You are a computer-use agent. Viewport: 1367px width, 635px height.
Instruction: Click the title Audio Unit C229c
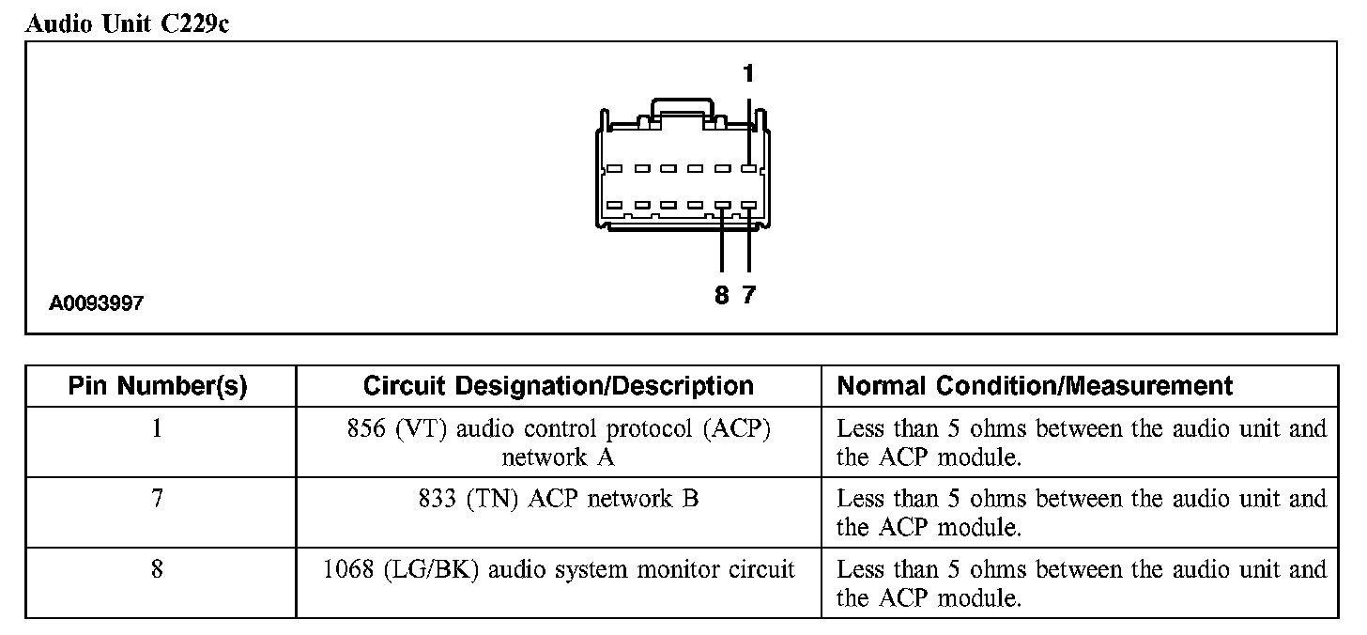[x=127, y=24]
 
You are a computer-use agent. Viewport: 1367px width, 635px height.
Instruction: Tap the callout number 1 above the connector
[x=748, y=73]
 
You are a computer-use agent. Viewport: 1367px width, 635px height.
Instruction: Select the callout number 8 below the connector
[x=721, y=295]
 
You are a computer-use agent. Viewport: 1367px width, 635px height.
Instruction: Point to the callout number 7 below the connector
[x=748, y=295]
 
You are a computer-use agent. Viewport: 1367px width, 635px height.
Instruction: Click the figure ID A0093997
[x=98, y=303]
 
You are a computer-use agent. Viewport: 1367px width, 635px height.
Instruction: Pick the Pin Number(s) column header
[x=158, y=386]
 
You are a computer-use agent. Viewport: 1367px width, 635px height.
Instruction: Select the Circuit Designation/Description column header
[x=558, y=386]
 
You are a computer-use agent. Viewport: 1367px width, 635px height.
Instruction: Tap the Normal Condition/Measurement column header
[x=1035, y=386]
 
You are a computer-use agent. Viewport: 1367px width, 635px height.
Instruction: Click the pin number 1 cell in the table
[x=157, y=429]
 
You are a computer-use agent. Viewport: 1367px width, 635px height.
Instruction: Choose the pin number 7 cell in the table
[x=157, y=499]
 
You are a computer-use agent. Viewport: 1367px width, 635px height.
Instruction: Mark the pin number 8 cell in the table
[x=157, y=569]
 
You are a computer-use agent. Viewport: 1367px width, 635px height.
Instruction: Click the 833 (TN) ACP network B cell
[x=558, y=499]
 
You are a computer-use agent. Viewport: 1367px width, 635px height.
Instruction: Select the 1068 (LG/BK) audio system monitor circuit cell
[x=558, y=569]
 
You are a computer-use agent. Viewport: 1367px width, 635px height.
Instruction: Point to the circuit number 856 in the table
[x=365, y=429]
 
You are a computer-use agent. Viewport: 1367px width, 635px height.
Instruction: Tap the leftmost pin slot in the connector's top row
[x=615, y=170]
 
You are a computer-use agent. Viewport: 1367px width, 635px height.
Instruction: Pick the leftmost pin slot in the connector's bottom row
[x=615, y=205]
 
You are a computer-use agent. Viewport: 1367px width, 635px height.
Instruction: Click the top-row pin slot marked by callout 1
[x=748, y=170]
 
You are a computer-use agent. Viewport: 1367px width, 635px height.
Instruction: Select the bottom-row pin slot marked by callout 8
[x=721, y=205]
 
